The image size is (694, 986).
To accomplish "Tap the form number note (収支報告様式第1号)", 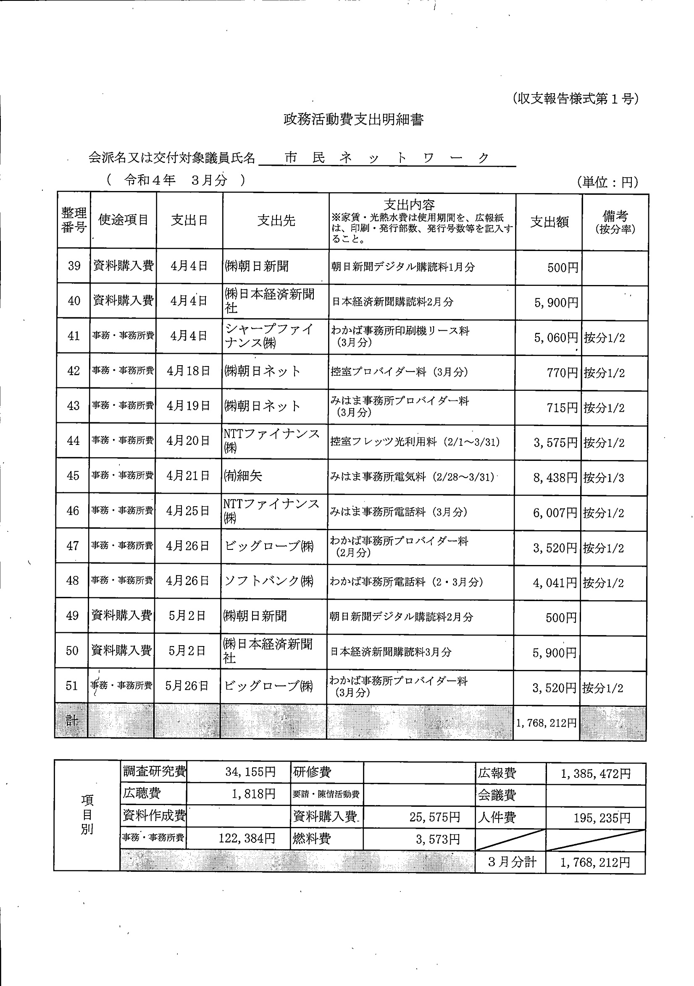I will [x=576, y=99].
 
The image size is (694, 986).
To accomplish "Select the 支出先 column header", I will [x=276, y=221].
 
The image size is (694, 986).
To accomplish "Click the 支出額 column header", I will [x=549, y=222].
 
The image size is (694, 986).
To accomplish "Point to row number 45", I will [x=73, y=476].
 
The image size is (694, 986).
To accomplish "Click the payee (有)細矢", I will [x=243, y=476].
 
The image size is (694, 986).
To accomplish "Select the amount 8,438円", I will [x=555, y=478].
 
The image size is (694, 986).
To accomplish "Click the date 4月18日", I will [x=189, y=371].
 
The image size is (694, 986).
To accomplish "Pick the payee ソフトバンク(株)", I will [x=269, y=581].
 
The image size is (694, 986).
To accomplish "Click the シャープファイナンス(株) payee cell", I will [x=269, y=336].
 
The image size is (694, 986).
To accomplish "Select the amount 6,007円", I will [x=555, y=513].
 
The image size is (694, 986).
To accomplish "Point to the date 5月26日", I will [x=187, y=686].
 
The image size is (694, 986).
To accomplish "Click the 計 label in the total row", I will [x=71, y=721].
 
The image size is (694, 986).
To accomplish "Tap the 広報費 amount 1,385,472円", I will [x=596, y=774].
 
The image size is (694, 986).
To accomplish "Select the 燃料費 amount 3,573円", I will [x=437, y=839].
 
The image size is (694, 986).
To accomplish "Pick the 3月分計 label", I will [x=512, y=861].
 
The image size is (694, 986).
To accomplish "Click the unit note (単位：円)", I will [x=607, y=182].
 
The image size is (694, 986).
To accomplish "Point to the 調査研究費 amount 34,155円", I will [x=250, y=772].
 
